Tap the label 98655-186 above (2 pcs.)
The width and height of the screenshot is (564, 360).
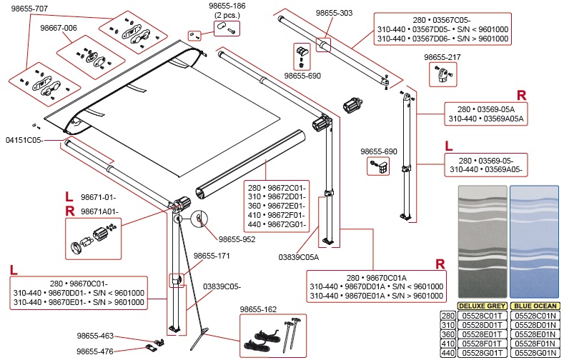228,6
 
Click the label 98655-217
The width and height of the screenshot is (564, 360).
442,56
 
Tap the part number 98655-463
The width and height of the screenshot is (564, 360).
95,335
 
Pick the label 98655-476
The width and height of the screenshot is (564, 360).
95,350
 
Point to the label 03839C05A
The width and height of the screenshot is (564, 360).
298,256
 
